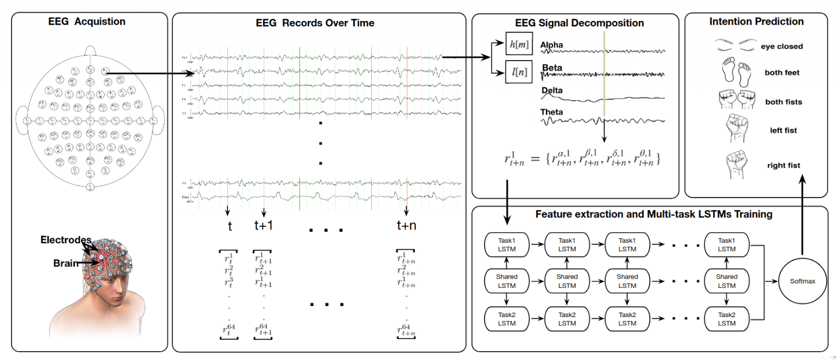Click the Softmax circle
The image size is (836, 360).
tap(802, 281)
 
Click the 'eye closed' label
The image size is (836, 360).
tap(782, 47)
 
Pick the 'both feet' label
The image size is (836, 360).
tap(782, 73)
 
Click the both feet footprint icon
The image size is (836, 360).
tap(735, 73)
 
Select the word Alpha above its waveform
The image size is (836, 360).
tap(552, 44)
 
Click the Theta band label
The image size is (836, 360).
tap(552, 112)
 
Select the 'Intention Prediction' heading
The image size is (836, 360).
tap(756, 22)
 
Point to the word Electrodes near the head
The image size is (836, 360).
tap(66, 240)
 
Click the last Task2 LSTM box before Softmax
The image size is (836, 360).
tap(726, 319)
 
